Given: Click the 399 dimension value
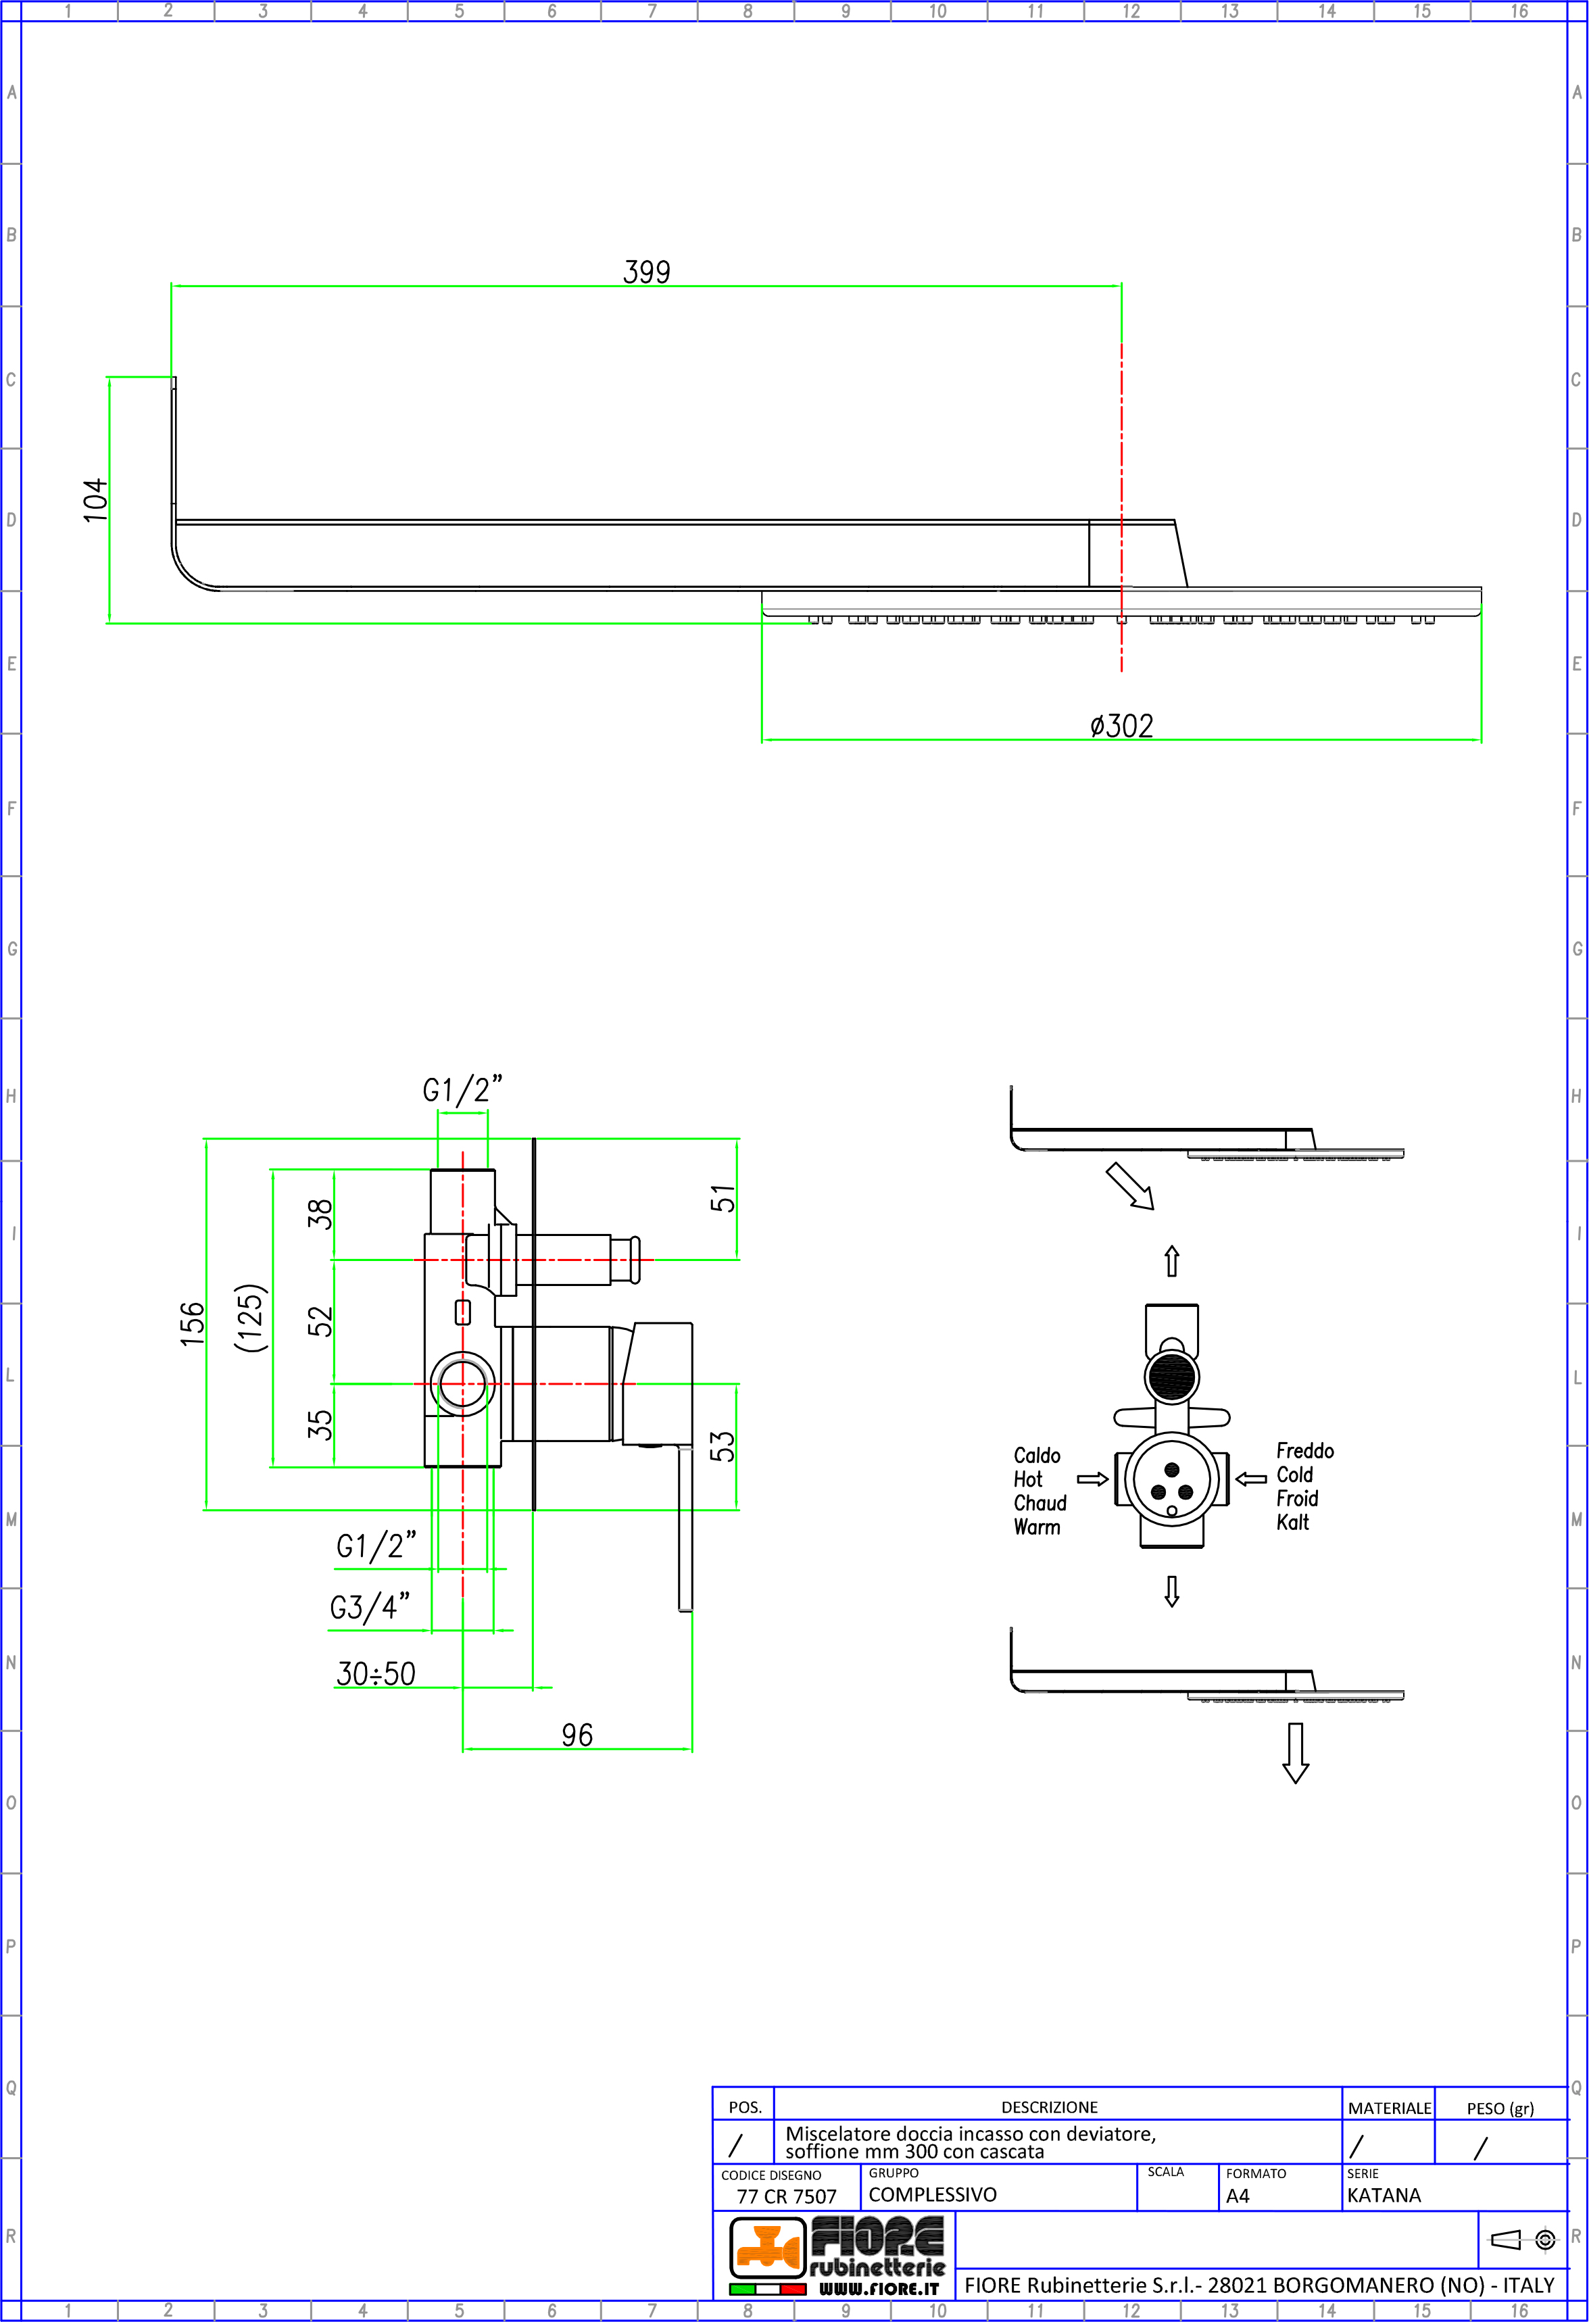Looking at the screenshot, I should click(647, 272).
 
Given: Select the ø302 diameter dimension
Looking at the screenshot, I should click(1121, 725).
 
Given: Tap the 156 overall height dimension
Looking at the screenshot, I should click(192, 1324).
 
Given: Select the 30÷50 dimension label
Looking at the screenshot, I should click(376, 1673).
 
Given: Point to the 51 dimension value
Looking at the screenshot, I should click(722, 1199).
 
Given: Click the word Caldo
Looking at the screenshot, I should click(1036, 1455).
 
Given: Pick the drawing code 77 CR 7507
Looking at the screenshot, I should click(787, 2196).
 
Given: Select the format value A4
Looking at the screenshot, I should click(1238, 2196).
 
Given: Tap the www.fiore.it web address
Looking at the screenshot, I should click(879, 2288).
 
